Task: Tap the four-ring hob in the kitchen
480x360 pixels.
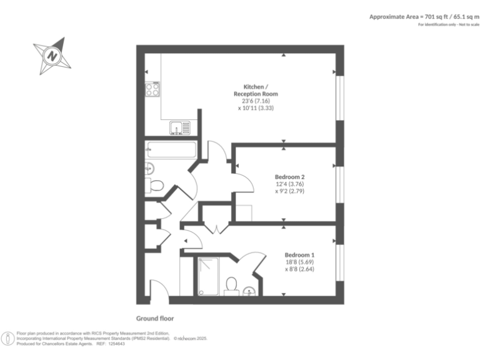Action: (x=152, y=89)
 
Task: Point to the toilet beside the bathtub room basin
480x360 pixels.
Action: (x=155, y=185)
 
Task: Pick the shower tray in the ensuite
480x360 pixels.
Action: (x=207, y=276)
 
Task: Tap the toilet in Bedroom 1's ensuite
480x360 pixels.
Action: (x=231, y=285)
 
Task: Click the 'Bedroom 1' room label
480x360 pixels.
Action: (x=299, y=254)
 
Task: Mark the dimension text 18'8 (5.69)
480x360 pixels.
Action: (x=299, y=262)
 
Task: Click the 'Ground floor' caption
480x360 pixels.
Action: (x=155, y=317)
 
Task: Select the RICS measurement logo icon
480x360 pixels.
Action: (x=8, y=338)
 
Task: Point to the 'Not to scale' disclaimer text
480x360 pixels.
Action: (x=464, y=24)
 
